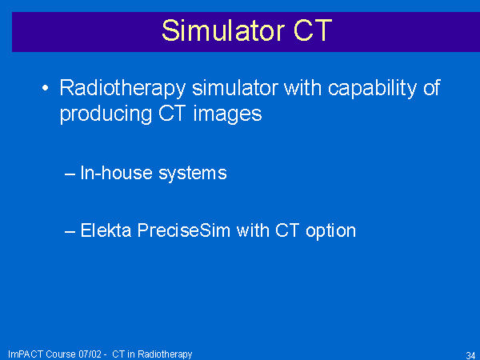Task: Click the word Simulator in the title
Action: point(223,30)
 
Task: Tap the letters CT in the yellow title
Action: point(313,30)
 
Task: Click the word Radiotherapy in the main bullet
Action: point(122,89)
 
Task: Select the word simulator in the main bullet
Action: point(235,88)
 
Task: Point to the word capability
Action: point(372,89)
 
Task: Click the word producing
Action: point(106,114)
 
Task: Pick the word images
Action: point(227,114)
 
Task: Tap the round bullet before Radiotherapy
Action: point(45,88)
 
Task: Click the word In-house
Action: point(116,173)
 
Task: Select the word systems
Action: point(193,174)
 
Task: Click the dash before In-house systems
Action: point(70,174)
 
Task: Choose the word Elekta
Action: point(106,230)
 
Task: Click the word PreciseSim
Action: point(184,230)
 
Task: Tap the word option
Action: point(330,231)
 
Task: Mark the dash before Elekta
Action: point(70,231)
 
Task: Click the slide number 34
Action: point(470,355)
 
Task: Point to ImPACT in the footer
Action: point(26,354)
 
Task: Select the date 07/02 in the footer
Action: point(90,354)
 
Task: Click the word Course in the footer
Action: point(61,354)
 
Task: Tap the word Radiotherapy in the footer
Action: point(165,354)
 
